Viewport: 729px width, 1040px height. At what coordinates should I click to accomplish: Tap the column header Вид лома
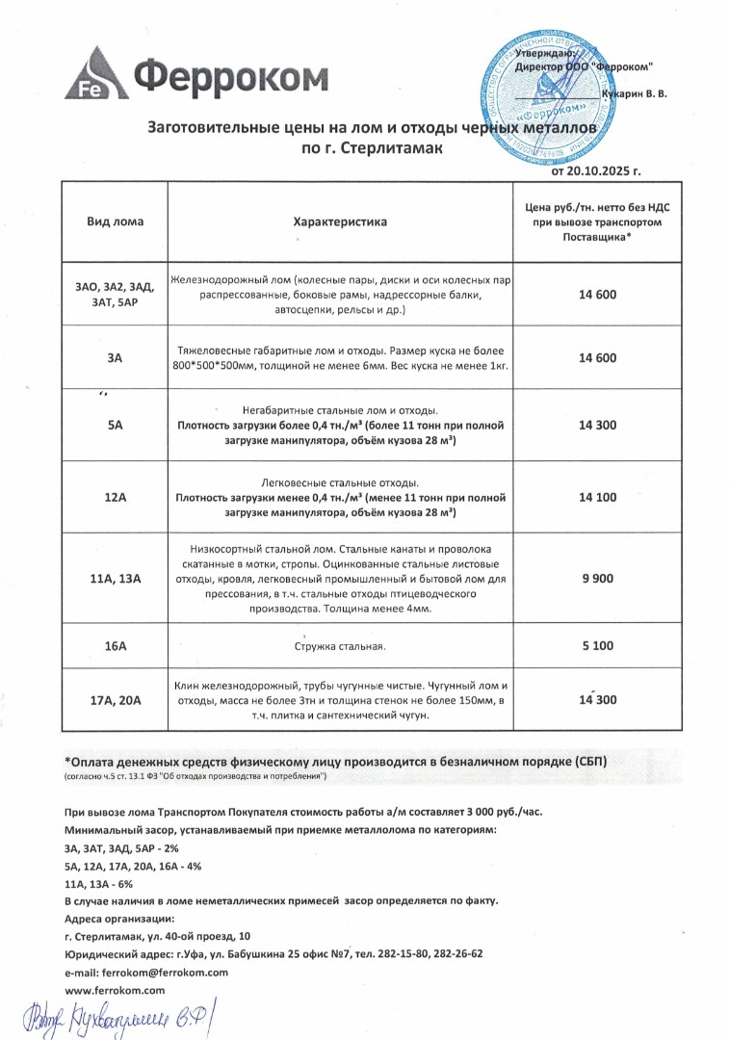pos(115,221)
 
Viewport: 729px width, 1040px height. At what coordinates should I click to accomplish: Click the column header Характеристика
pos(340,221)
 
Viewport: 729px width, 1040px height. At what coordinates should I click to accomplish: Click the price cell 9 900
pos(598,578)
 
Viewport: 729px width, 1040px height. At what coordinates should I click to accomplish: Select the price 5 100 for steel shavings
pos(598,645)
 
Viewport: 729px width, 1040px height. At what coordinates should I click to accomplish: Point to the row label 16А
pos(115,645)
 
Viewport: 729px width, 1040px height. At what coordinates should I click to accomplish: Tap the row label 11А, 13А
pos(115,578)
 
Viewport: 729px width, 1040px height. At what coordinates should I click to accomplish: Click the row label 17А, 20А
pos(115,700)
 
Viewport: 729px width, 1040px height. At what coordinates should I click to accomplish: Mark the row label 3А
pos(115,358)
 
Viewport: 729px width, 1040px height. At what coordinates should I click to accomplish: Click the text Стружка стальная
pos(340,646)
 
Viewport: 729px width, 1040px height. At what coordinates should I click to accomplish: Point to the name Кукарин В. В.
pos(633,93)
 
